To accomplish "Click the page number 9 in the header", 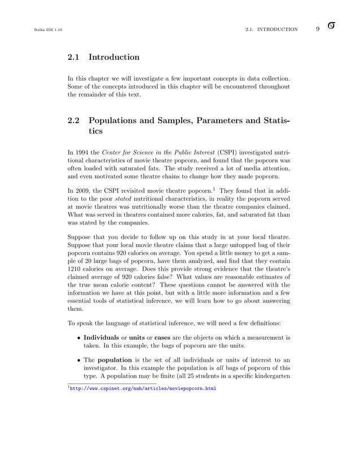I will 318,29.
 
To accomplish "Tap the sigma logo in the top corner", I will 331,27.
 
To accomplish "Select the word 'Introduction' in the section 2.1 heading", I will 114,57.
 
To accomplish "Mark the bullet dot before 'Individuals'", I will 78,338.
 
